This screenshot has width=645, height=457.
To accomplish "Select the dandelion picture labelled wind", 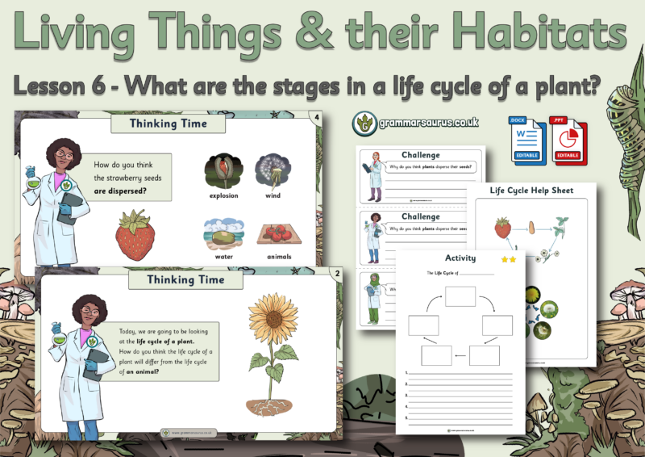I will (272, 170).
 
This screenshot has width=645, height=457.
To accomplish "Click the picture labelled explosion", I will (223, 170).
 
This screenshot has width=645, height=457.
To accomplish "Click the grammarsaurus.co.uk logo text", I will (427, 124).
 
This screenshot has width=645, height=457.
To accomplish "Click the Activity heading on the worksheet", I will (460, 258).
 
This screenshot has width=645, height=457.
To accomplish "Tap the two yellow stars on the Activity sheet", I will (509, 259).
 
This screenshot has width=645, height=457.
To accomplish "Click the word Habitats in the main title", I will (551, 34).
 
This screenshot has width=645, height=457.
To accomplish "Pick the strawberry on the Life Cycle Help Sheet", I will (502, 228).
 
